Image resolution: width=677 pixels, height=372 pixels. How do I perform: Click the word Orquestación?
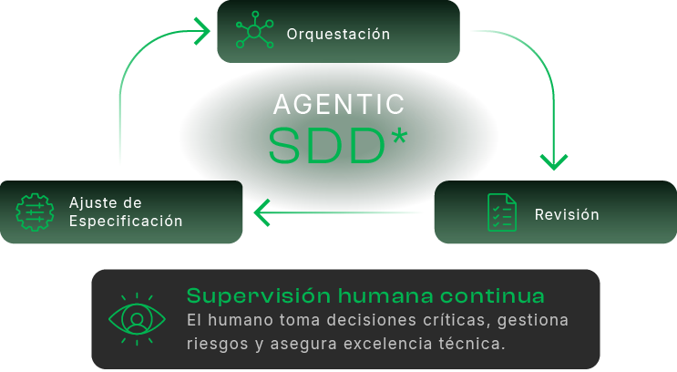point(338,34)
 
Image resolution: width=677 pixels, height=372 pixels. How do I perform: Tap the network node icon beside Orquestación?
point(254,30)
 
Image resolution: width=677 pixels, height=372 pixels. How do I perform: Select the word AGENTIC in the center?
point(339,104)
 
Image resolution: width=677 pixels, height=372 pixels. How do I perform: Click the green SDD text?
point(326,146)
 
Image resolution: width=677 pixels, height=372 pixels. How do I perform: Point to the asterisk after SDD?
point(397,137)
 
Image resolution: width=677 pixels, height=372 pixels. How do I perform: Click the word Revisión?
point(567,214)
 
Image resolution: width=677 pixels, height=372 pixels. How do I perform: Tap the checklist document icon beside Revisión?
point(502,212)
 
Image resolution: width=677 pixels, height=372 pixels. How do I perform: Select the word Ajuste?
point(93,203)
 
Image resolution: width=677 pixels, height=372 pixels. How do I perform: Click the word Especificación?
point(126,221)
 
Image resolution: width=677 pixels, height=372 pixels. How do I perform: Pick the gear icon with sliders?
point(35,212)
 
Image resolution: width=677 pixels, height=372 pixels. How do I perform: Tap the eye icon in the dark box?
point(137,319)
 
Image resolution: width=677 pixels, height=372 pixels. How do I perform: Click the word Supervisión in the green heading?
point(259,296)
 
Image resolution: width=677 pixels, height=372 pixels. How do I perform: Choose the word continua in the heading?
point(492,296)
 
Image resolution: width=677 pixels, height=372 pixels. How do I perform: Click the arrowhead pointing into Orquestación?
point(201,31)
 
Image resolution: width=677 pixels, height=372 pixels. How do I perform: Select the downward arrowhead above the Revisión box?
point(554,161)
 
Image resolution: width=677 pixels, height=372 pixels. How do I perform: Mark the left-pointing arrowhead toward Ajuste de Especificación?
point(262,212)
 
